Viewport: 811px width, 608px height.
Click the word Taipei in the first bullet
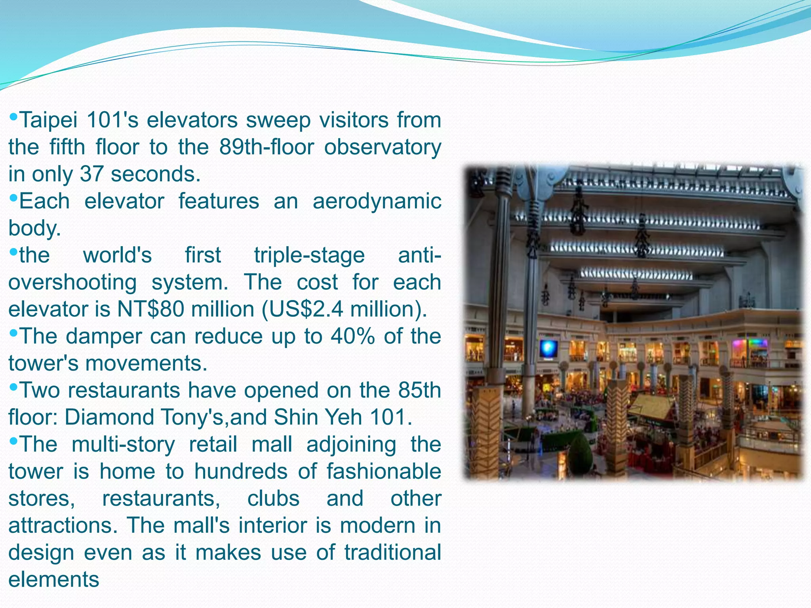pos(48,120)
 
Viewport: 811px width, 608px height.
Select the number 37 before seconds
pos(92,174)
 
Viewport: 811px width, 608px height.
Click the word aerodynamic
pos(377,201)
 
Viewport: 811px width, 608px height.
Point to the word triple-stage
pos(309,255)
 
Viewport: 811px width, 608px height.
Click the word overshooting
pos(72,282)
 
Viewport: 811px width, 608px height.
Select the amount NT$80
pos(150,309)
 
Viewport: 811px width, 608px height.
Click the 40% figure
pos(352,336)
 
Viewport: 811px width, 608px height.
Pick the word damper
pos(104,336)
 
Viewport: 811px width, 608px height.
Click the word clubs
pos(273,498)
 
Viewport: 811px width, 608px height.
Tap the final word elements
pos(54,580)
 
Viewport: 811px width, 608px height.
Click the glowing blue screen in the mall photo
pos(549,349)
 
